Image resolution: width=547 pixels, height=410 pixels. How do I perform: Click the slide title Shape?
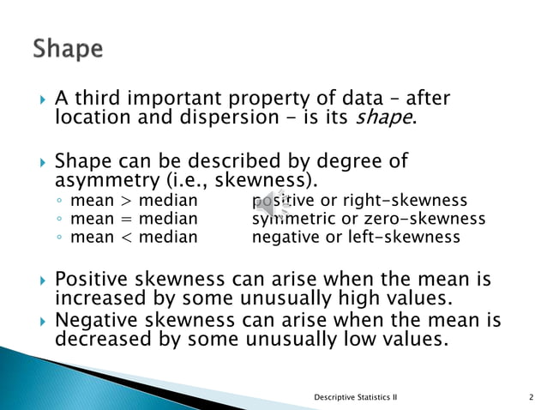point(68,48)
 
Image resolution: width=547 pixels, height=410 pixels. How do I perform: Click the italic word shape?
point(384,118)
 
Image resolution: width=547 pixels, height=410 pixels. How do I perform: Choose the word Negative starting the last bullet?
point(94,321)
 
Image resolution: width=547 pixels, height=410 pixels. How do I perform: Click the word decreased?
point(99,339)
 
